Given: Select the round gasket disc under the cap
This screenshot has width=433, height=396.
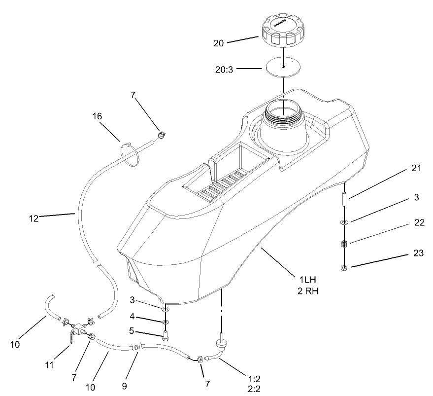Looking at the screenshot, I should (283, 67).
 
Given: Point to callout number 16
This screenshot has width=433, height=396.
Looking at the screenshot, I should (98, 116).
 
